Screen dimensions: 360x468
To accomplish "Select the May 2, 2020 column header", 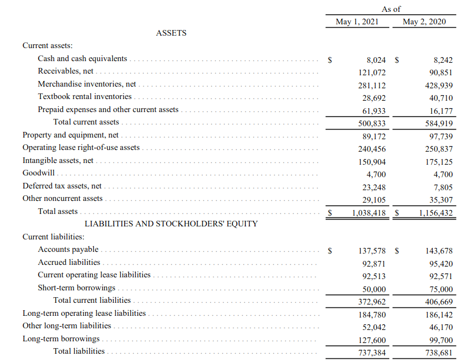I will pyautogui.click(x=424, y=22).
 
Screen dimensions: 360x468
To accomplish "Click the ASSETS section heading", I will pyautogui.click(x=171, y=33).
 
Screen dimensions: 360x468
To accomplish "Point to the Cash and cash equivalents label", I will pyautogui.click(x=82, y=59).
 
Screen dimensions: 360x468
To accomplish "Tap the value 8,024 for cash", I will pyautogui.click(x=376, y=59).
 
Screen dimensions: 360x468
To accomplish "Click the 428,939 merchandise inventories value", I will pyautogui.click(x=439, y=85).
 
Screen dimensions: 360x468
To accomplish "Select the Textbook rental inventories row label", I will pyautogui.click(x=84, y=97).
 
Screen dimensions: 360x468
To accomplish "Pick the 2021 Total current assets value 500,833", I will pyautogui.click(x=372, y=123).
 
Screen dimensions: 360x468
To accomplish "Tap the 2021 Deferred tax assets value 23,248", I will pyautogui.click(x=373, y=187).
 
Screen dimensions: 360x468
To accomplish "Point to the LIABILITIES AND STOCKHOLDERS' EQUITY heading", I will pyautogui.click(x=171, y=224).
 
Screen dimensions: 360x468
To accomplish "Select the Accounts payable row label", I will pyautogui.click(x=68, y=250).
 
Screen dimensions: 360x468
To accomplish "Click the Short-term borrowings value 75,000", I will pyautogui.click(x=441, y=288).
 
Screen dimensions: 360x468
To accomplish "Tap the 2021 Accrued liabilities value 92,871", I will pyautogui.click(x=373, y=263).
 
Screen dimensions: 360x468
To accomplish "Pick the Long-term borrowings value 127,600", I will pyautogui.click(x=372, y=340).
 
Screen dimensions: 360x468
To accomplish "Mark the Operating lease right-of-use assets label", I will pyautogui.click(x=81, y=148).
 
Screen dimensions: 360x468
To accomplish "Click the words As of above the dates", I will pyautogui.click(x=391, y=9).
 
